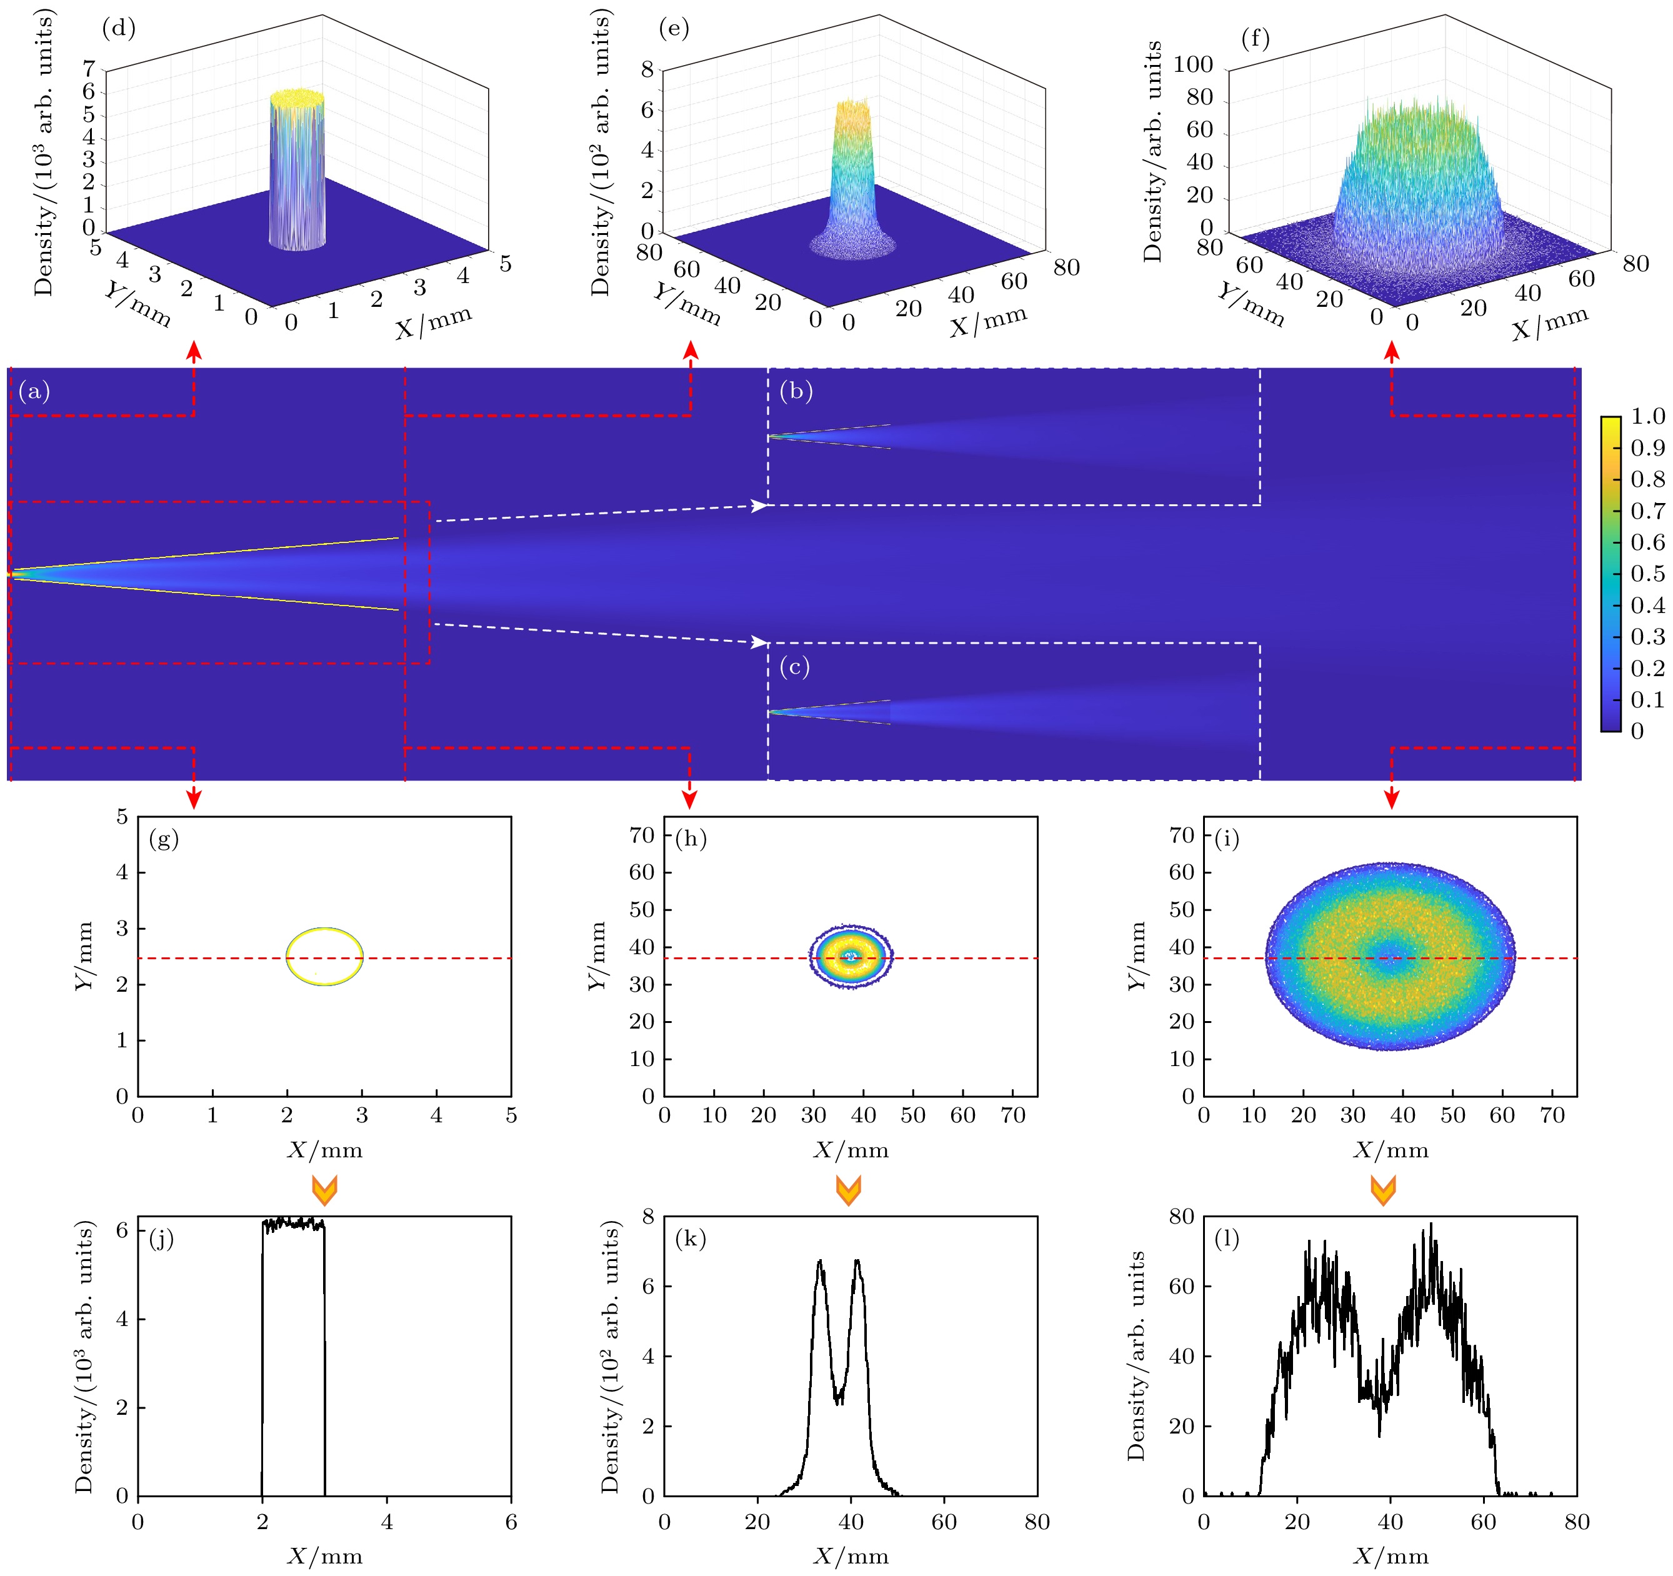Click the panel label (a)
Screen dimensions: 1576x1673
pos(34,391)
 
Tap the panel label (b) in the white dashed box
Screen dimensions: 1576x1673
pos(796,391)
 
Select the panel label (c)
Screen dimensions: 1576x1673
pos(794,667)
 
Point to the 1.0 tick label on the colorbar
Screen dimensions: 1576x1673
pos(1647,417)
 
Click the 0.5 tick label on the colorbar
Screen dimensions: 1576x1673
pos(1647,574)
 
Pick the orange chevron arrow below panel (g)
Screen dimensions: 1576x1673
pos(324,1190)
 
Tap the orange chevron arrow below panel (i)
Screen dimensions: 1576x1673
pos(1382,1190)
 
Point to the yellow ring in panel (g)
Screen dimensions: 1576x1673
pos(325,929)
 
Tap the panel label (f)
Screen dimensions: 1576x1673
pos(1255,39)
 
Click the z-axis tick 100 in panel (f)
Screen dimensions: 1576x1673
pos(1192,65)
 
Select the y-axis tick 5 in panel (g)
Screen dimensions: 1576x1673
pos(122,816)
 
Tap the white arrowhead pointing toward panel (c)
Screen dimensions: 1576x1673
pos(759,643)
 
